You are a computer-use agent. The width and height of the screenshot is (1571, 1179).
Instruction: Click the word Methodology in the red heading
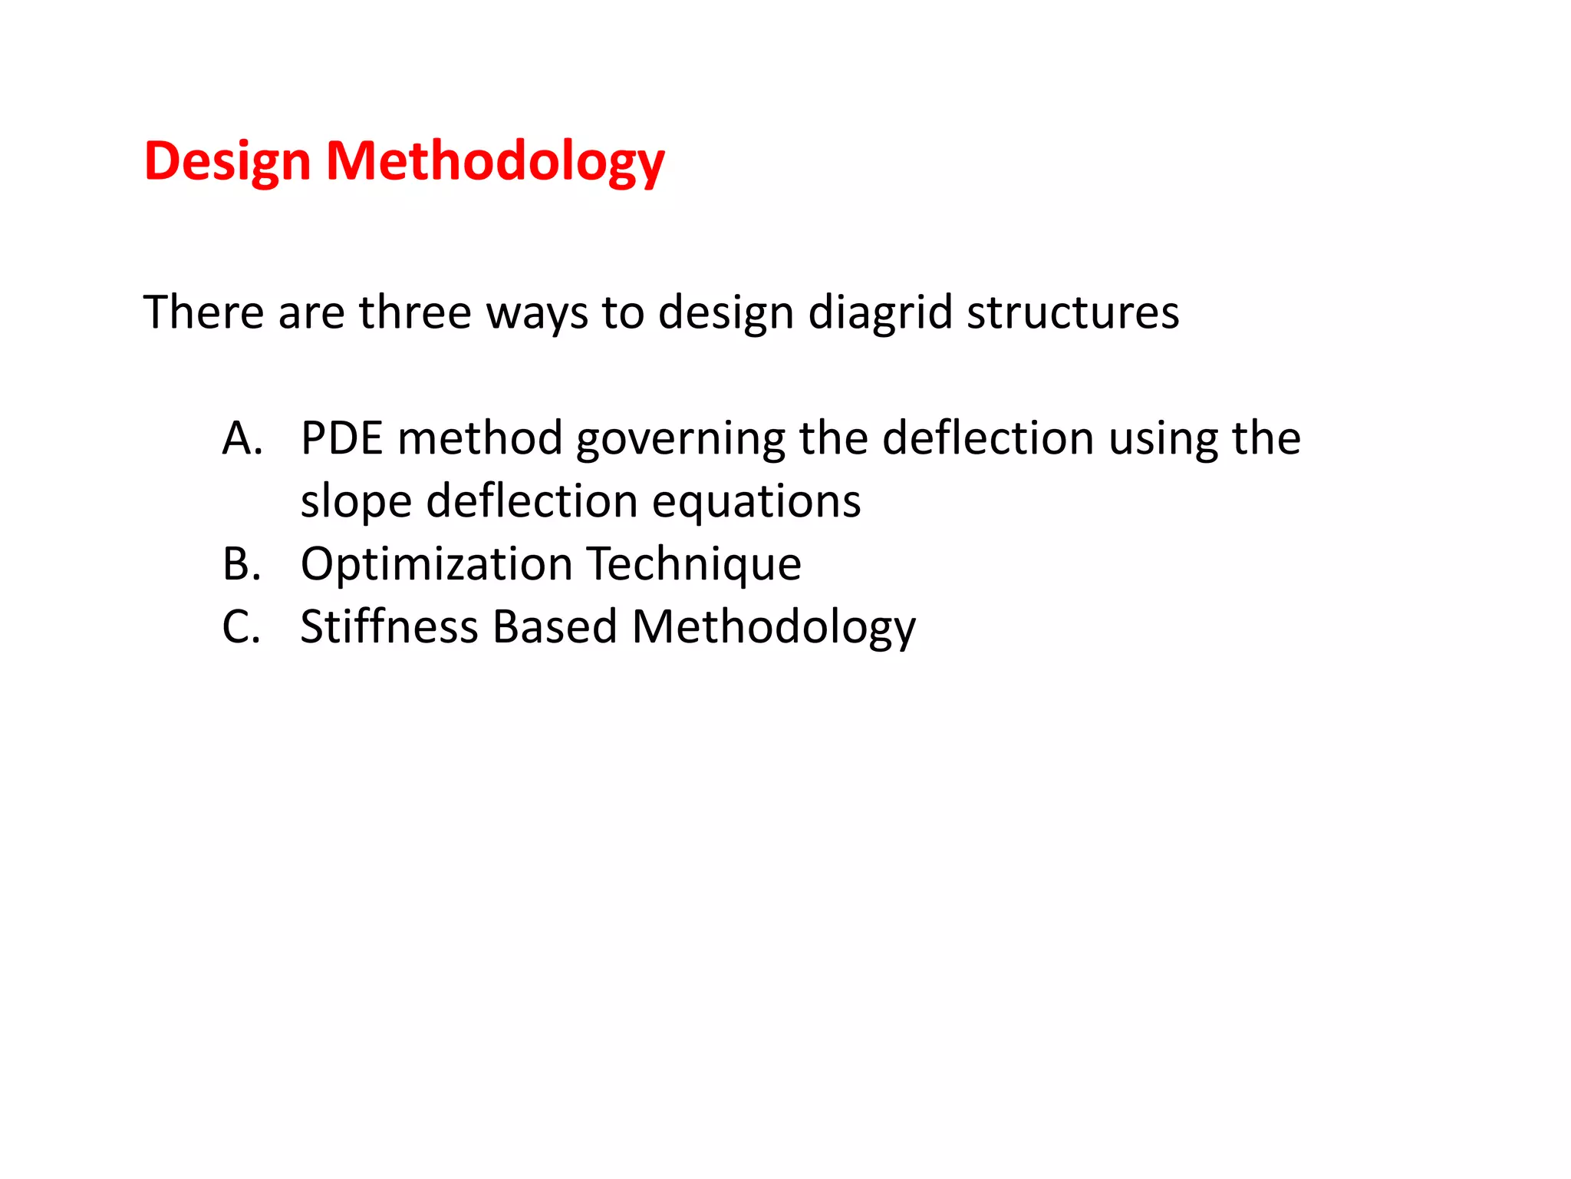[x=495, y=163]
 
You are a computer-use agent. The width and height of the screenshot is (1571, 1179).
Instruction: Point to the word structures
[x=1072, y=312]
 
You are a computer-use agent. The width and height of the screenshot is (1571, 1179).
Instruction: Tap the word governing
[x=680, y=440]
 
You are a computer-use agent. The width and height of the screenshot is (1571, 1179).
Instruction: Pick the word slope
[x=356, y=502]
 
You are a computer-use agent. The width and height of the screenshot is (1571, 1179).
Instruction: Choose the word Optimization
[x=436, y=565]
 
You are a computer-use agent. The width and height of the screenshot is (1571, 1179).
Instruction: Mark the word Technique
[x=694, y=565]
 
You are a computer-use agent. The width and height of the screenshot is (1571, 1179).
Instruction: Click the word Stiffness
[x=389, y=626]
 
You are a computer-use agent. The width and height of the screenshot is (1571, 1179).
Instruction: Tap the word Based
[x=555, y=626]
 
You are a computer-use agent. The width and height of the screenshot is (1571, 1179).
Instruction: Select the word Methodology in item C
[x=773, y=628]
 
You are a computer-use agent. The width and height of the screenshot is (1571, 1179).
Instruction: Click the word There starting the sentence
[x=203, y=312]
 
